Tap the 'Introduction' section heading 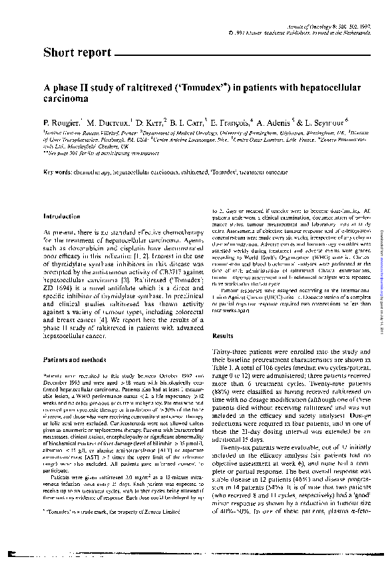point(62,216)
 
